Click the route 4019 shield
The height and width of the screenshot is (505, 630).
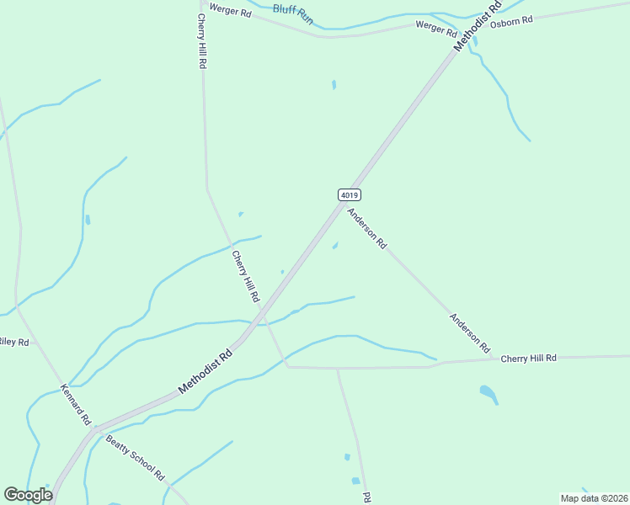pos(350,194)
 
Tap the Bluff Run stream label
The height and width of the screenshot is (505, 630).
pos(292,13)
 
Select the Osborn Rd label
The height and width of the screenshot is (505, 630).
pos(512,21)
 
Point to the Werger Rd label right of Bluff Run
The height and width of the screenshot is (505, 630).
pos(435,27)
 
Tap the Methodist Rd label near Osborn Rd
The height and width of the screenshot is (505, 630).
pos(478,26)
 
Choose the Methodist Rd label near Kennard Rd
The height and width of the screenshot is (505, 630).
pos(205,373)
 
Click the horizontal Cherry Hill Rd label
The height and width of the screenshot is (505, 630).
pos(529,358)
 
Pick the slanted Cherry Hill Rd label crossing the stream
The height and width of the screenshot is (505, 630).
pos(246,278)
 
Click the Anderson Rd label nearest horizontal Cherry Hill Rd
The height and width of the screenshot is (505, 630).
pos(469,332)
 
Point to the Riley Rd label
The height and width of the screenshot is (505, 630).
pos(13,342)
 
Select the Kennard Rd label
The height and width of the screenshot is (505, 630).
pos(76,406)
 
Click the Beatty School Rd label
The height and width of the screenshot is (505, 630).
pos(135,459)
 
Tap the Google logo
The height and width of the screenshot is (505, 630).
pos(28,495)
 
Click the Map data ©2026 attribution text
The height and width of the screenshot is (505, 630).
pos(595,498)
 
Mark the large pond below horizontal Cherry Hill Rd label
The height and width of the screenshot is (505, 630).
pos(489,393)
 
